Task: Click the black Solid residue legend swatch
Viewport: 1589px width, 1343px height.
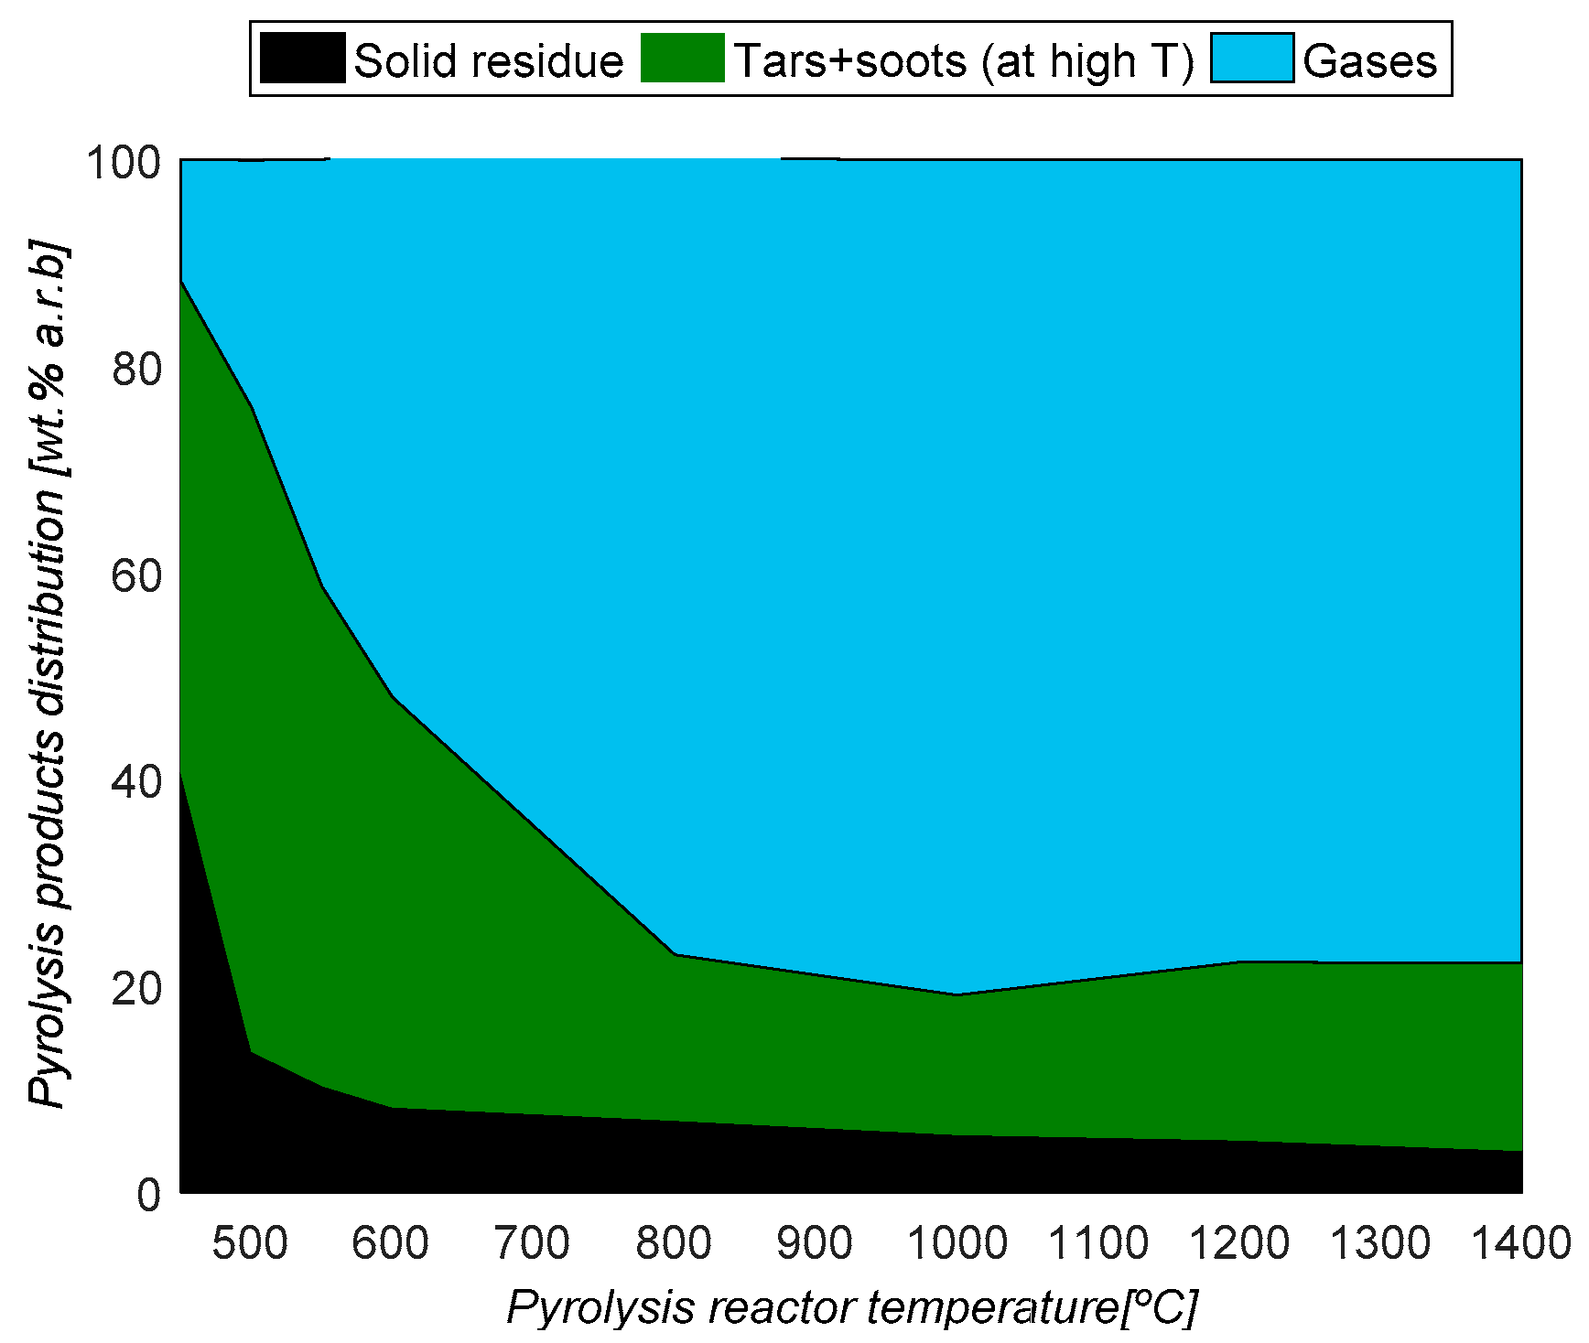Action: click(x=302, y=59)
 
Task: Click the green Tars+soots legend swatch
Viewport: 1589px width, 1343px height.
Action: click(x=682, y=59)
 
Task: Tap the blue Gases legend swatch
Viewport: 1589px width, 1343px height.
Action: click(x=1251, y=59)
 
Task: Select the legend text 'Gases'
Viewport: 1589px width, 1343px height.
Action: click(x=1369, y=61)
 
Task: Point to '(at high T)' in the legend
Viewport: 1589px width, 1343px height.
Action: click(x=1087, y=61)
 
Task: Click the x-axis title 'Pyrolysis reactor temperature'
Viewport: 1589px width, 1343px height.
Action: click(x=810, y=1308)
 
